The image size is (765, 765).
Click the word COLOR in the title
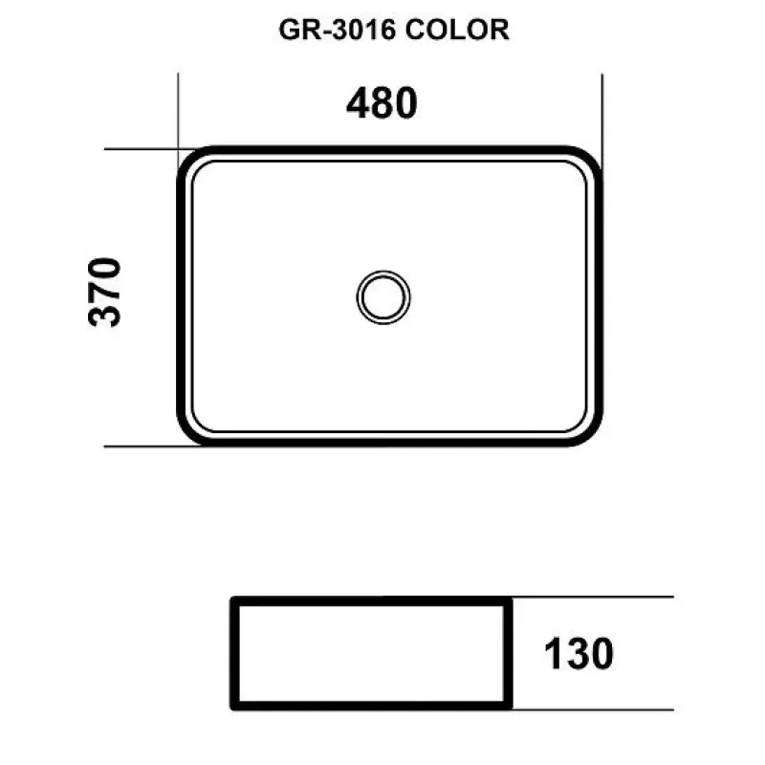coord(457,30)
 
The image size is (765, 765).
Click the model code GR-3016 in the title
coord(338,30)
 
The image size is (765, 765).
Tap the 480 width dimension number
coord(382,103)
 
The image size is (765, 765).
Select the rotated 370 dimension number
coord(104,292)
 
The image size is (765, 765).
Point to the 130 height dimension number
coord(579,654)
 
